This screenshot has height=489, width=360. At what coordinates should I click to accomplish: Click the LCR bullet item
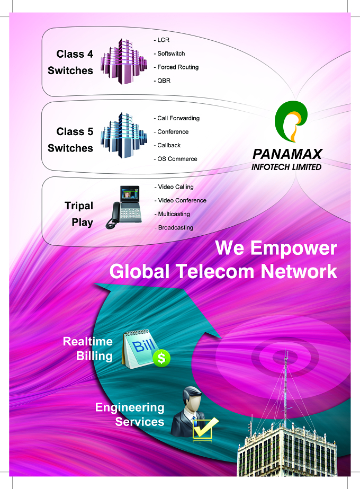[161, 40]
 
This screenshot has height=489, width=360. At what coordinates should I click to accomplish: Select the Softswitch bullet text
[169, 54]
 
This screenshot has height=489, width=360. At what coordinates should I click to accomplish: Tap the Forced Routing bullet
[176, 67]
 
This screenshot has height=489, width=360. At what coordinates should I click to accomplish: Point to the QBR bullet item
[162, 81]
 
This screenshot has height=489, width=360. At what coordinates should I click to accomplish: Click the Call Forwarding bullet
[177, 118]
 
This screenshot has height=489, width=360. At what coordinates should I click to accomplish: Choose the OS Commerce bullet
[175, 159]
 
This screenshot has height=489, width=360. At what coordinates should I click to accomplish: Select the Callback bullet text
[167, 145]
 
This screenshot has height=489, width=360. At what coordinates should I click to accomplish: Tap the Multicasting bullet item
[173, 214]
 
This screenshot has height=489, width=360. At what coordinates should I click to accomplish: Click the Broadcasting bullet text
[174, 228]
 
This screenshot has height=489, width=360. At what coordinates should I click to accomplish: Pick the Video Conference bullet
[181, 200]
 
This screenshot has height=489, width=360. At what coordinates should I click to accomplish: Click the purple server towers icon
[123, 61]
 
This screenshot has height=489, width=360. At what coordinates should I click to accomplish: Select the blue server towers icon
[123, 135]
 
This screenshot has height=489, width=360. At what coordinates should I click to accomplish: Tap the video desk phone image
[124, 207]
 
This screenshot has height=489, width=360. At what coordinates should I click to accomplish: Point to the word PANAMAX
[287, 154]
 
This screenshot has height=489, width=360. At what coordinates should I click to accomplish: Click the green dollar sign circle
[161, 358]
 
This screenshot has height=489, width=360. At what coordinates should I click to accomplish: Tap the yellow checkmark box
[205, 429]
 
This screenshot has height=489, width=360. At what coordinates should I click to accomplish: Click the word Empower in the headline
[294, 248]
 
